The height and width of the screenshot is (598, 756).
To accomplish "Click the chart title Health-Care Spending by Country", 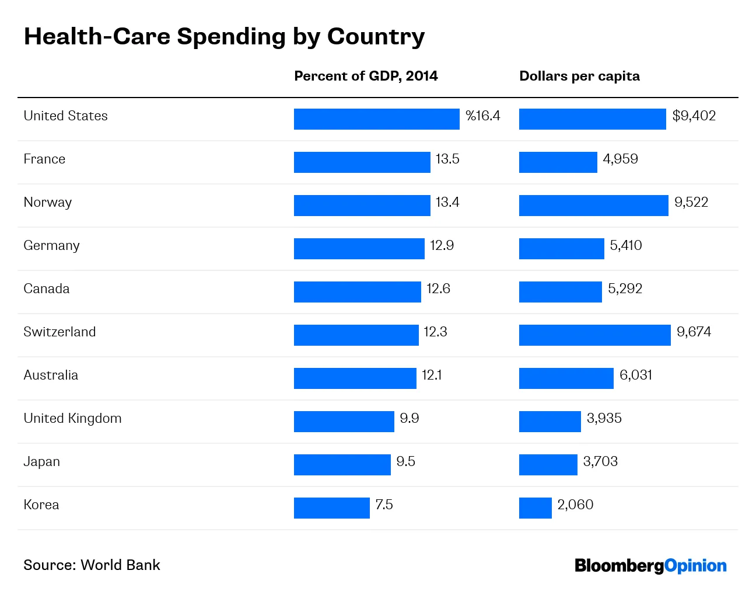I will (224, 36).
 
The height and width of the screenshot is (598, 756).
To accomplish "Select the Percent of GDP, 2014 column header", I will (366, 76).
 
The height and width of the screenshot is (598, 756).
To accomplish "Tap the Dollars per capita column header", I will (579, 76).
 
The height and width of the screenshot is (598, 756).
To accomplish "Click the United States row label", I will (65, 116).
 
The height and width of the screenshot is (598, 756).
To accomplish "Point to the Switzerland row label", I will (60, 332).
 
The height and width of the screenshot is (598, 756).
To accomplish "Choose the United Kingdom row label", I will (72, 418).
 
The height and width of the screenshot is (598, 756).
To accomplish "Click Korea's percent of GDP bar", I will (331, 508).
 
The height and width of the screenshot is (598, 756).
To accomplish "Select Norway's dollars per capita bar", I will (593, 206).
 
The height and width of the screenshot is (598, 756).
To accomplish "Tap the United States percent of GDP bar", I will (376, 119).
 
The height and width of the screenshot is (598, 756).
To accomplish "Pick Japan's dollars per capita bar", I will (548, 465).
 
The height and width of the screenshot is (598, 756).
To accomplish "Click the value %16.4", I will (483, 116).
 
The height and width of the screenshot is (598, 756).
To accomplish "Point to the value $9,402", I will (694, 116).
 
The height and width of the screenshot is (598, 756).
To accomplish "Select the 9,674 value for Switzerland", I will (694, 332).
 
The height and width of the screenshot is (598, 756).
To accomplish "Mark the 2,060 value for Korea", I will (575, 505).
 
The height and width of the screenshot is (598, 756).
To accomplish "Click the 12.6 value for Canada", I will (438, 288).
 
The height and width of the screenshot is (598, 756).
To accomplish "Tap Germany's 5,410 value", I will (625, 245).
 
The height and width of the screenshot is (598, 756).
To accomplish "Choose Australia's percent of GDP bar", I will (355, 378).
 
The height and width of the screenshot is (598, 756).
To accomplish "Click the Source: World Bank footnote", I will (92, 565).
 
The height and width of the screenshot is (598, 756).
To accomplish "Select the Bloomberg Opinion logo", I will (650, 565).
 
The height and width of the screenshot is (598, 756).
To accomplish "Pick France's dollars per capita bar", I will (558, 162).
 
